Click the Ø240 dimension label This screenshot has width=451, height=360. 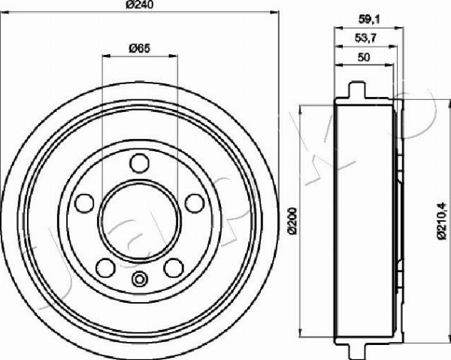135,6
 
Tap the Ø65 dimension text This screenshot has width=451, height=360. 139,48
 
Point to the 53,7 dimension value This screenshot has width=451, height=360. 364,38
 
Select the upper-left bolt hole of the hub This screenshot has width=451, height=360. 85,202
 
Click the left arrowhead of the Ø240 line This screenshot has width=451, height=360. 4,13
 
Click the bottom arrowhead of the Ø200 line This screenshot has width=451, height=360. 301,331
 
